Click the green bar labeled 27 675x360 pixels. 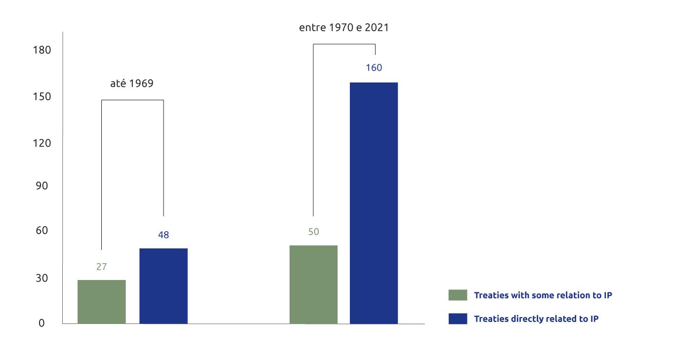(101, 302)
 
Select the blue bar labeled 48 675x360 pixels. (164, 286)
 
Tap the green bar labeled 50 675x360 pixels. (313, 284)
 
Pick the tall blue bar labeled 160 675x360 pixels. (374, 203)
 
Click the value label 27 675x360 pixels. (101, 267)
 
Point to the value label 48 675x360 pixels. (164, 235)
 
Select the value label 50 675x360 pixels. (313, 232)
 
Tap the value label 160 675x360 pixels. (374, 68)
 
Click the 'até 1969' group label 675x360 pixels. (131, 83)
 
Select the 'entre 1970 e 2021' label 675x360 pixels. (344, 28)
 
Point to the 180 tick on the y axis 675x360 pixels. (42, 50)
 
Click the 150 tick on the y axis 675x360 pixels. (42, 96)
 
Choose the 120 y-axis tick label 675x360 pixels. (42, 143)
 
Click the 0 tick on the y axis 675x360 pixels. (42, 323)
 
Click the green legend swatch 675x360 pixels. (458, 295)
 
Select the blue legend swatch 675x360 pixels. (458, 319)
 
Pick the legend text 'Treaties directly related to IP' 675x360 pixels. (536, 319)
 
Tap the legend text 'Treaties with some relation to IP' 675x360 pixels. (543, 295)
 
